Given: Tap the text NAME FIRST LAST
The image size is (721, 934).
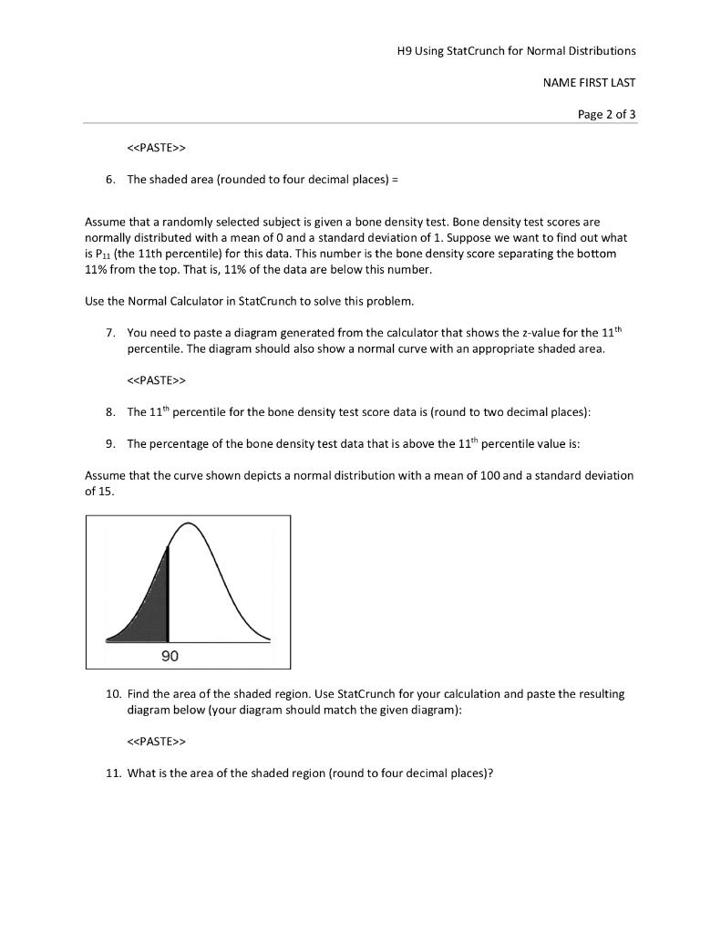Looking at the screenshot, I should [x=589, y=82].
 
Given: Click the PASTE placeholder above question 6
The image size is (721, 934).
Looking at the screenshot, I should [x=156, y=147].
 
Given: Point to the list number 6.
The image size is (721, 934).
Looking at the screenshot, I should [x=109, y=180].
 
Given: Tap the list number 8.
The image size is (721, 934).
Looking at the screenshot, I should [x=109, y=411].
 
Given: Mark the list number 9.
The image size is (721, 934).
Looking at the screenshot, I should [x=109, y=444].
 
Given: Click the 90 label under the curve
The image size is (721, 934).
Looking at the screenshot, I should [x=170, y=657].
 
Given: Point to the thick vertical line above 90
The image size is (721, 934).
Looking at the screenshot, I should [x=168, y=593].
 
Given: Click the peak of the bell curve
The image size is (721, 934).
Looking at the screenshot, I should [x=189, y=524].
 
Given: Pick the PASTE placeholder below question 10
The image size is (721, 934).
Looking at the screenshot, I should [x=156, y=741].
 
